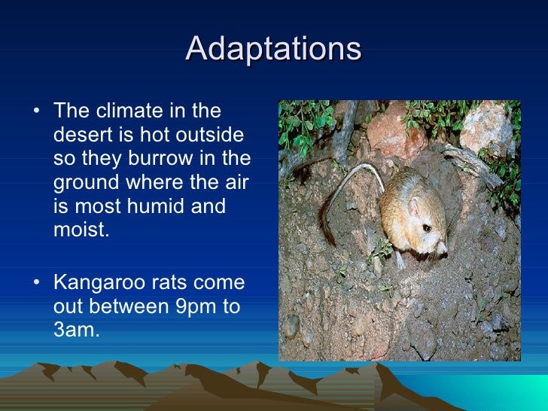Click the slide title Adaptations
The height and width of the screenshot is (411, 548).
click(x=273, y=49)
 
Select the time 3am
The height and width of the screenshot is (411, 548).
click(x=76, y=330)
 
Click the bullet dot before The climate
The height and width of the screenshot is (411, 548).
click(x=38, y=112)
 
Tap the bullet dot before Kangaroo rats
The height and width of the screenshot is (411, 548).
click(x=38, y=284)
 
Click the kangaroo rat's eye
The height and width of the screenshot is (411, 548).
click(x=426, y=227)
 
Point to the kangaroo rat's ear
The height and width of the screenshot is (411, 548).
click(x=413, y=206)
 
